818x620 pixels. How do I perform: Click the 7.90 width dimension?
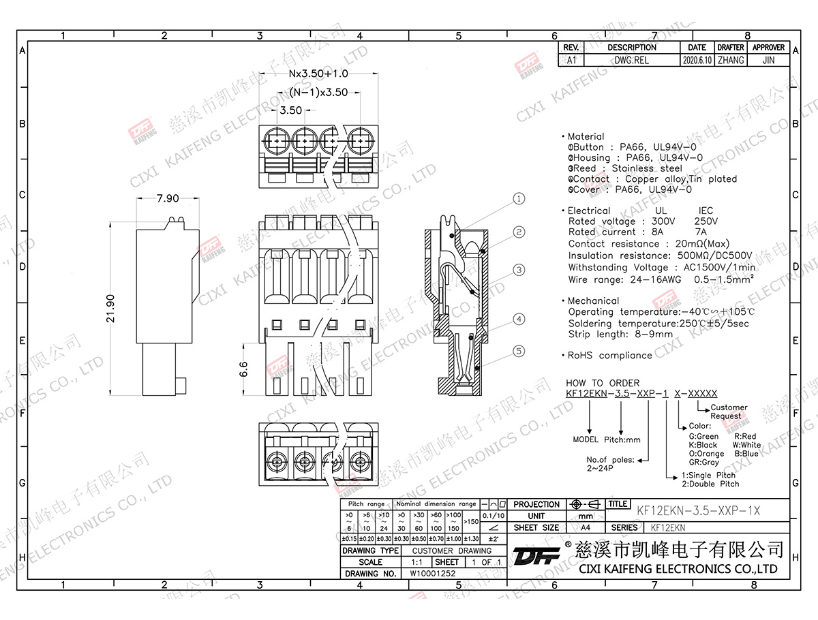coord(168,199)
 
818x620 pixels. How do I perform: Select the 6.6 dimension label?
coord(244,370)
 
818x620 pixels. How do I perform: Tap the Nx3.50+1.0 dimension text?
coord(318,74)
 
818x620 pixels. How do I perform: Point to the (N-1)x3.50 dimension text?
coord(318,92)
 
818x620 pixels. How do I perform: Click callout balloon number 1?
coord(519,199)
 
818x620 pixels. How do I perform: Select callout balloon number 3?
coord(519,270)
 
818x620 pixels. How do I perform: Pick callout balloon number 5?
coord(519,351)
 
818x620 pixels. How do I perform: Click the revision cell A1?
coord(571,60)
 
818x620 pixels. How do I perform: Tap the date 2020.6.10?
coord(697,60)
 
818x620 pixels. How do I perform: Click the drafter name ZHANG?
coord(731,60)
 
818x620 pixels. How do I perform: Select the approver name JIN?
coord(768,60)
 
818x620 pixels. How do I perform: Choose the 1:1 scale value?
coord(416,562)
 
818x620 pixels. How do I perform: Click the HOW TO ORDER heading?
coord(603,384)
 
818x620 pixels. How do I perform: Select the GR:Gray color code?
coord(704,462)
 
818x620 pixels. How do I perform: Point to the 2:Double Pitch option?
coord(710,484)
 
